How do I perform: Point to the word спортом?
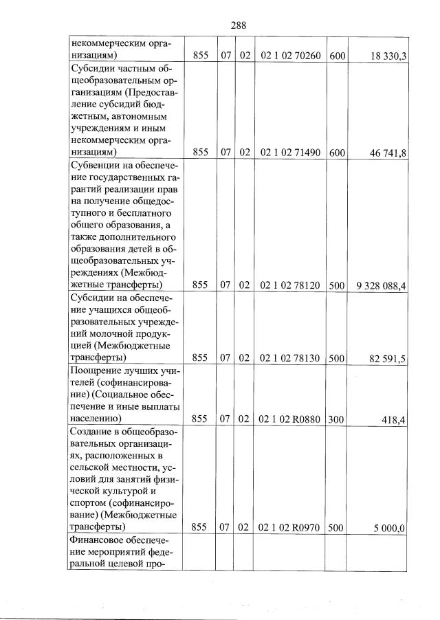click(91, 503)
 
